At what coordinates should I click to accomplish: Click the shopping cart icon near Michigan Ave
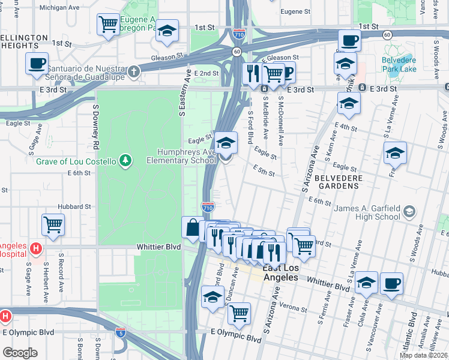coord(108,25)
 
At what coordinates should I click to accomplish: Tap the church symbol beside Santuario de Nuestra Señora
coord(133,71)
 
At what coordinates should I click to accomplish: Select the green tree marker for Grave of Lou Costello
coord(125,160)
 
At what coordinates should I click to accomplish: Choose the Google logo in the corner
coord(20,353)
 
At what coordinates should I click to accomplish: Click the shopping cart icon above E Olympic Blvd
coord(239,313)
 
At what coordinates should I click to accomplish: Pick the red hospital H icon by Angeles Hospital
coord(35,247)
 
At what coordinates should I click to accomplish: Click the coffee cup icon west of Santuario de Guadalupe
coord(37,63)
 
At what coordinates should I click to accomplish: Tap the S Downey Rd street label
coord(95,125)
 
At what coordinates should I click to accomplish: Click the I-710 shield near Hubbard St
coord(208,207)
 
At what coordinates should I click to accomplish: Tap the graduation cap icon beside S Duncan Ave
coord(212,297)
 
